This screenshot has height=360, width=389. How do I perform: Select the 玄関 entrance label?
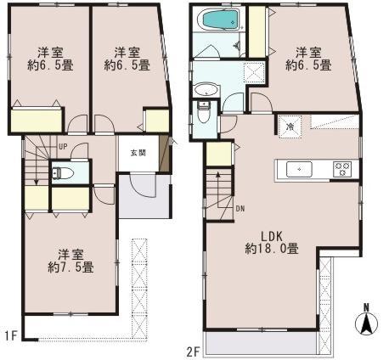138,153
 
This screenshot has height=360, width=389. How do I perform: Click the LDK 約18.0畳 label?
270,242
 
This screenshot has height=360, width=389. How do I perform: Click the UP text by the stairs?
62,146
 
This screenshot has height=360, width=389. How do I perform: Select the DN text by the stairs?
240,208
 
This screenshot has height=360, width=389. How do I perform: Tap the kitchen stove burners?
342,168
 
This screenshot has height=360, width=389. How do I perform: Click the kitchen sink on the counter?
300,169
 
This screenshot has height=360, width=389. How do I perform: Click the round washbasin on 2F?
205,90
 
